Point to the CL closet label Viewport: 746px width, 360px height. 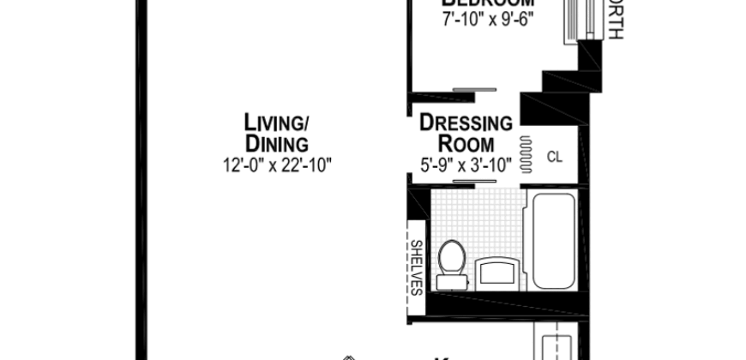pos(555,156)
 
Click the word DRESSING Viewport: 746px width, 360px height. pos(466,123)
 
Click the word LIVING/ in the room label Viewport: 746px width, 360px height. pos(275,123)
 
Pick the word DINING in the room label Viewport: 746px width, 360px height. pos(276,142)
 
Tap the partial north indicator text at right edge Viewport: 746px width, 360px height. pos(614,21)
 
